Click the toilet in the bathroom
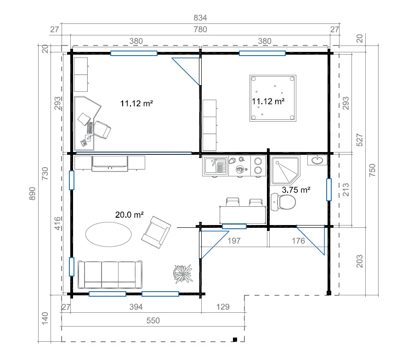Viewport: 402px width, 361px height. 283,202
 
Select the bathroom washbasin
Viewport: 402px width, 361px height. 317,160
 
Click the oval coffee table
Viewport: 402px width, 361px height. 108,234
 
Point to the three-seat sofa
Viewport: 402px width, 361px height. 110,275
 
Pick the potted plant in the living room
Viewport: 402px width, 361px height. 182,274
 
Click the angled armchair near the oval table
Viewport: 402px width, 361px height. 156,232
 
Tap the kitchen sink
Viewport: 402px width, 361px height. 215,165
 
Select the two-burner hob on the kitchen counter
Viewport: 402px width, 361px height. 258,166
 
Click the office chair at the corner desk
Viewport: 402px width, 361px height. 102,130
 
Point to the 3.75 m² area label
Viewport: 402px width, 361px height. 296,190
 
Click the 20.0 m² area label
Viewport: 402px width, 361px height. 129,214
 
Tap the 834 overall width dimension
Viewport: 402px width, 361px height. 200,17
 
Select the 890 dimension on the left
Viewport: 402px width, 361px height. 32,194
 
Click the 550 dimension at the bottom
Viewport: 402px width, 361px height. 153,321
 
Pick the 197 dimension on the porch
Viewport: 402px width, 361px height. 234,241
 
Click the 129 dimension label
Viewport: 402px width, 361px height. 223,307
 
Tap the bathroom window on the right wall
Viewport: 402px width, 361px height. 329,190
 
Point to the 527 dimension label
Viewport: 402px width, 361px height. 360,140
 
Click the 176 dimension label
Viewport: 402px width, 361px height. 299,241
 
